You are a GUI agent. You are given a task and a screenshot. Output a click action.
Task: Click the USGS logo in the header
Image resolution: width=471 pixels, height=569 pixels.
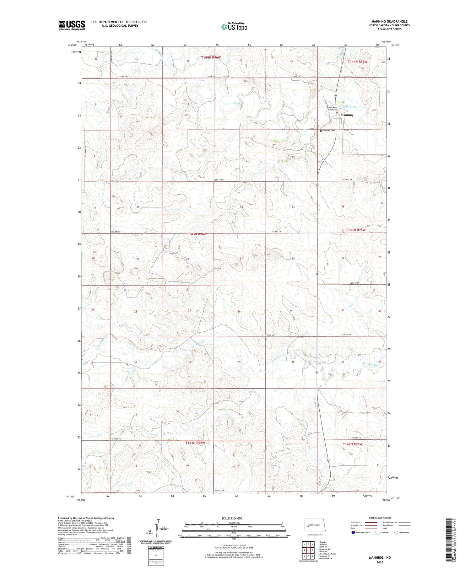tap(72, 25)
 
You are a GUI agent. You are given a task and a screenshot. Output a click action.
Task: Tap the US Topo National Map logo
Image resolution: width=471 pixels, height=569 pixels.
tap(234, 27)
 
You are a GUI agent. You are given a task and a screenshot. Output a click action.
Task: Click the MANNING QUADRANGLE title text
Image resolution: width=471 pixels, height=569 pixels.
tap(389, 21)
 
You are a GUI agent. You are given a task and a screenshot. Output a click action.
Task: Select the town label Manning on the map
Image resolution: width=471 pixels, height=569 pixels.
tap(347, 115)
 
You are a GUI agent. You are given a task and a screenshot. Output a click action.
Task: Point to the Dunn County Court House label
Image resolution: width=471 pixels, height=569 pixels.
tap(332, 109)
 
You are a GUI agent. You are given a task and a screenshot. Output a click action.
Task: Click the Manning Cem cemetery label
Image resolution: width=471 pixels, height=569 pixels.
tap(328, 131)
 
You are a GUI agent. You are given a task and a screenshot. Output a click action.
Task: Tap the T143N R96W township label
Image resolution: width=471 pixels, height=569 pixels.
tap(197, 234)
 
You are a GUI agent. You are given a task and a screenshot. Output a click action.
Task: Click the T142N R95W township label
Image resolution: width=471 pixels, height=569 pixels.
tap(352, 444)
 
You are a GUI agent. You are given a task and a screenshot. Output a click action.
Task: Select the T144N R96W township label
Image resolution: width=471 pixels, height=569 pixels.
tap(211, 57)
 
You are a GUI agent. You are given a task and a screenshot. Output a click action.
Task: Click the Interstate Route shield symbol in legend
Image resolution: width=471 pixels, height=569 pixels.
tap(353, 533)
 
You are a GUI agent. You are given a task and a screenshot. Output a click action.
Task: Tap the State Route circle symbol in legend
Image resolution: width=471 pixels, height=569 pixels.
tap(396, 533)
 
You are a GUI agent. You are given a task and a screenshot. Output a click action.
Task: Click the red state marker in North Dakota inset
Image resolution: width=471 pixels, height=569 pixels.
tap(307, 525)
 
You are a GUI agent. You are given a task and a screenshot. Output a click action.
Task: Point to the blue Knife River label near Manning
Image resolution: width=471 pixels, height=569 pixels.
tap(349, 107)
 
